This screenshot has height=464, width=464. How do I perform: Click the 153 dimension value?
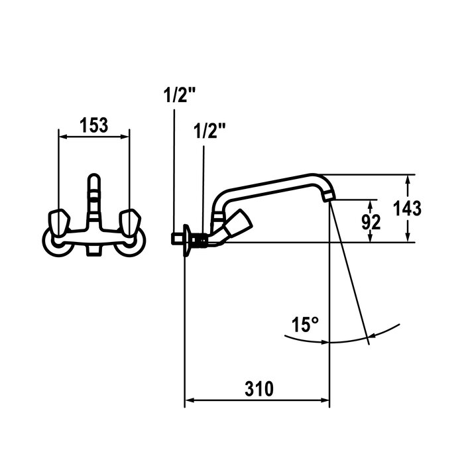point(94,125)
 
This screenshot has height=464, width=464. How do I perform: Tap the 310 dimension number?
point(259,389)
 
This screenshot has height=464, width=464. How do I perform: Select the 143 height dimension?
point(407,208)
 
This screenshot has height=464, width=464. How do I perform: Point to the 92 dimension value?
point(371,222)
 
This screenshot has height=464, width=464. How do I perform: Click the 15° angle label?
point(305,325)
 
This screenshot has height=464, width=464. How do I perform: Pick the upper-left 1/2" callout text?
point(180,95)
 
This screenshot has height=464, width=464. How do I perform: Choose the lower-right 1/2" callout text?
point(209,131)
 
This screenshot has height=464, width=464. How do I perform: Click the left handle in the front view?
point(59,222)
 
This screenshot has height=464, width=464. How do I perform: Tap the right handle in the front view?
point(130,222)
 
